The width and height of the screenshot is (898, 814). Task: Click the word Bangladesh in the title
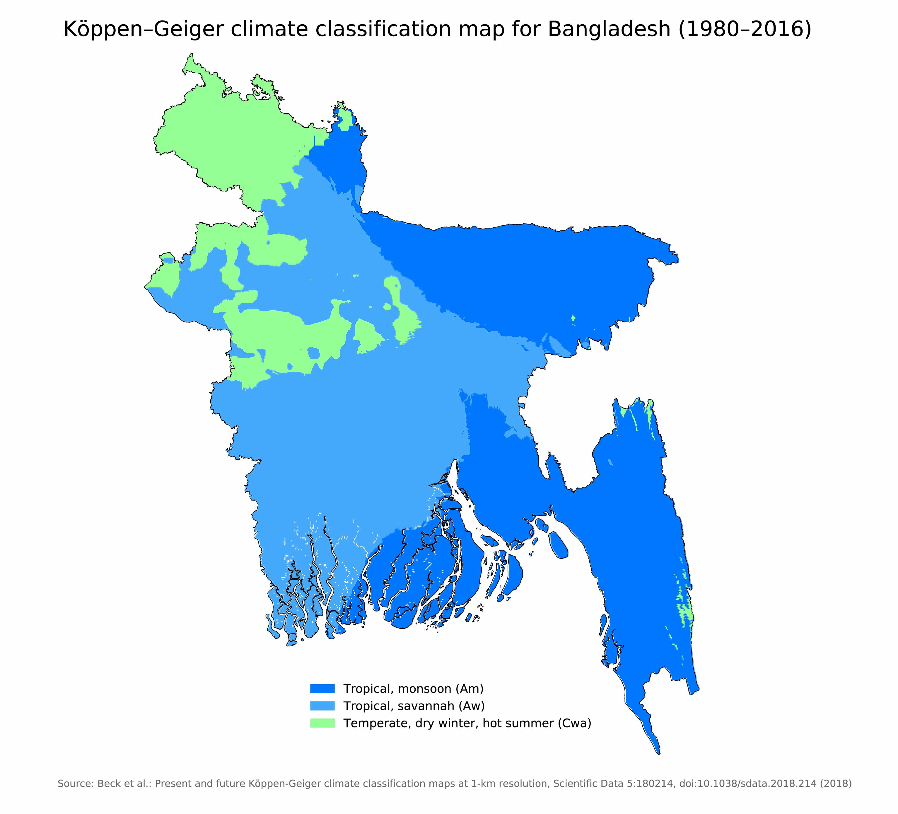[x=608, y=29]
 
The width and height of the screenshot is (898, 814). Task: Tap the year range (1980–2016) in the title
[x=744, y=29]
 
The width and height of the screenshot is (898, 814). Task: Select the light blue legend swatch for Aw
[x=322, y=706]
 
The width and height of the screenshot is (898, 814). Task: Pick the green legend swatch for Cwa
[x=322, y=723]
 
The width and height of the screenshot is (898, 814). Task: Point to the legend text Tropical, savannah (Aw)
[x=413, y=706]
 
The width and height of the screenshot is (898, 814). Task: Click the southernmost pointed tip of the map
[x=659, y=754]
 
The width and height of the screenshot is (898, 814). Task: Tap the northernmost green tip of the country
[x=192, y=55]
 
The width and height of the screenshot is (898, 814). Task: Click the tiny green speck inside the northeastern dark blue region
[x=573, y=318]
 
